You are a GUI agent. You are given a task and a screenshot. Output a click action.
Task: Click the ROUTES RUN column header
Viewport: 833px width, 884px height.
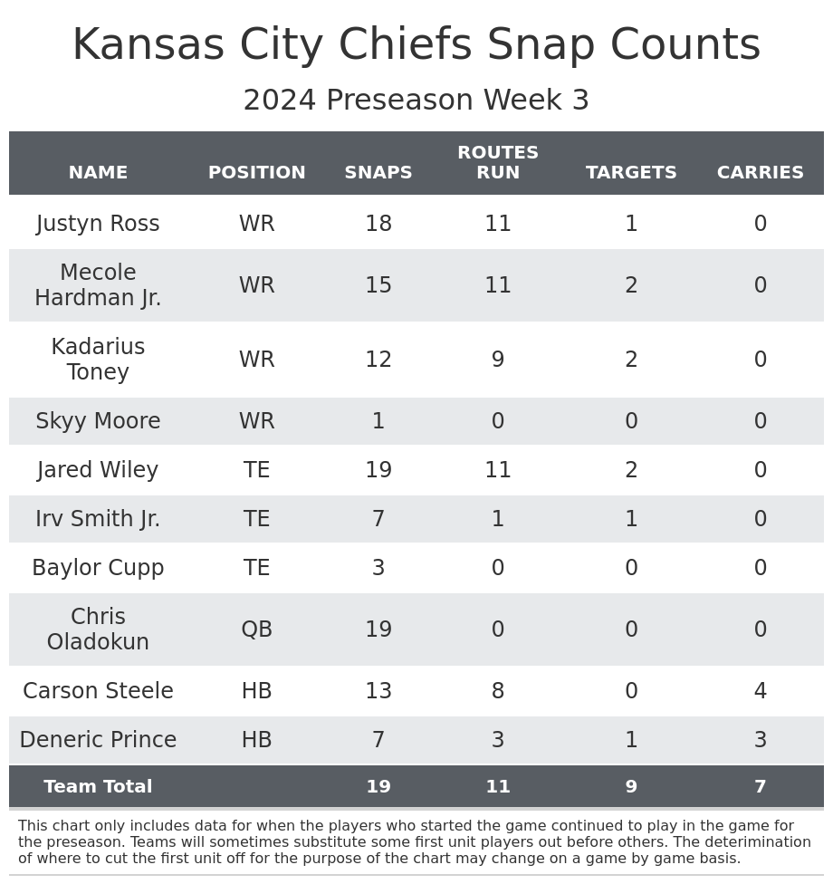tap(498, 163)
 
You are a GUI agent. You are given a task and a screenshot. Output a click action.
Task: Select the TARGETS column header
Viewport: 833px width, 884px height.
tap(631, 173)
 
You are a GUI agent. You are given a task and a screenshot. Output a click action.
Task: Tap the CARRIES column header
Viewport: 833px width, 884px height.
tap(761, 173)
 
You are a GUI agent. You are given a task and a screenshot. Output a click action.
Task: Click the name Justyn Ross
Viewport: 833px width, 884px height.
tap(98, 225)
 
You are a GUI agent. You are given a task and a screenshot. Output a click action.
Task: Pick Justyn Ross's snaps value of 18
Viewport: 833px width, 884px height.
tap(378, 225)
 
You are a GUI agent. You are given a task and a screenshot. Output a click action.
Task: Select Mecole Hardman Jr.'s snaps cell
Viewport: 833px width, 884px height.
tap(378, 286)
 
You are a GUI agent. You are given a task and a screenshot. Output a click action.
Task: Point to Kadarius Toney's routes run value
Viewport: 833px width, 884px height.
tap(498, 360)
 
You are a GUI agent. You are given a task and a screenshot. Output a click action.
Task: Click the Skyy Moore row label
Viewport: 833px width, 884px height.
tap(98, 422)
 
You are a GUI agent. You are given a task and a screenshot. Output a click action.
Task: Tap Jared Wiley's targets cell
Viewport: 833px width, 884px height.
tap(631, 471)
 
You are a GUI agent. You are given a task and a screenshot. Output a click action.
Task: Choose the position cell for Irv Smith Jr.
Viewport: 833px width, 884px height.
tap(257, 520)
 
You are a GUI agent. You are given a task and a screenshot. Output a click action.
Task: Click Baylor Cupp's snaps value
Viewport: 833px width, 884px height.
tap(378, 569)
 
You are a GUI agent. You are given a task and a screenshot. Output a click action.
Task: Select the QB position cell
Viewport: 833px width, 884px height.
tap(257, 630)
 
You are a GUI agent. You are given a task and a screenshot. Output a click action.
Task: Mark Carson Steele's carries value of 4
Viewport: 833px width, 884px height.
tap(761, 692)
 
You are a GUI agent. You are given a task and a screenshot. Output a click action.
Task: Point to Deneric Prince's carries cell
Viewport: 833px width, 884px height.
tap(761, 741)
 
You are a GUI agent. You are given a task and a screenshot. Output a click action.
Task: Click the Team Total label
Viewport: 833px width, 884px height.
tap(98, 787)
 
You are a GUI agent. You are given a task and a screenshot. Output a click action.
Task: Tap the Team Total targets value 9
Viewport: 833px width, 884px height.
tap(631, 787)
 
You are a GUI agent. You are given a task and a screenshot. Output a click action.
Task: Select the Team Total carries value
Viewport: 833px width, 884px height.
tap(761, 787)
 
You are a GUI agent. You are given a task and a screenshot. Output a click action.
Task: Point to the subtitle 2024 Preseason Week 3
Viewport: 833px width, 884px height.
tap(416, 101)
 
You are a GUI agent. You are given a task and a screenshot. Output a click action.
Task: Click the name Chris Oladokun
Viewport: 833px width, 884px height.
tap(98, 630)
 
